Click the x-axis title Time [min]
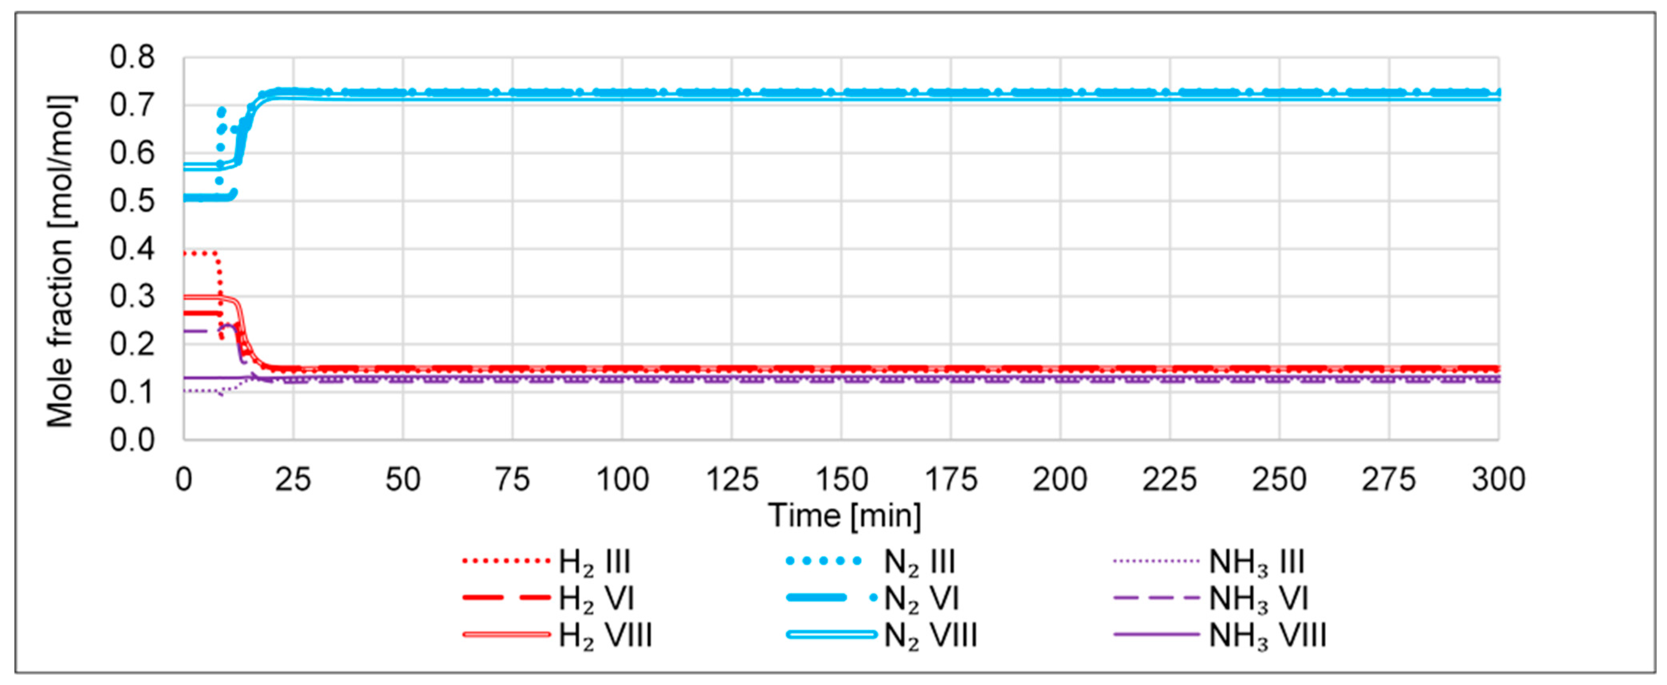coord(845,516)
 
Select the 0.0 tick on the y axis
coord(133,440)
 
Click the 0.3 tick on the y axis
coord(133,296)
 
